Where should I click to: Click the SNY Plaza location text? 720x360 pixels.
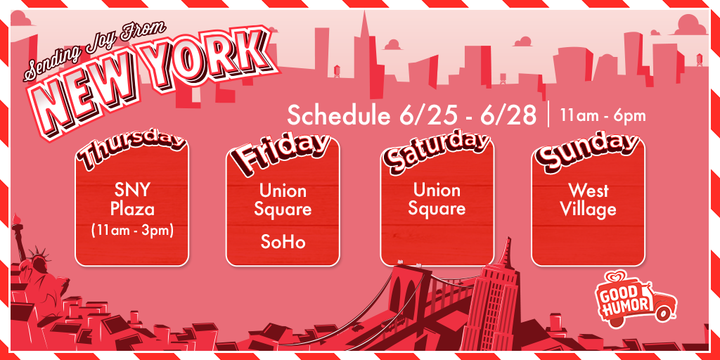(131, 199)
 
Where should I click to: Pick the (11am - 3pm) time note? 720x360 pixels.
(131, 230)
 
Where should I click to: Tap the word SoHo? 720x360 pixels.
(283, 242)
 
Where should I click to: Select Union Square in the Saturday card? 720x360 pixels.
(437, 199)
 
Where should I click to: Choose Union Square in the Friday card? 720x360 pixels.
(283, 200)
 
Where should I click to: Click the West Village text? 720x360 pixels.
(588, 200)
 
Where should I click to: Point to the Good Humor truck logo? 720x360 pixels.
(636, 300)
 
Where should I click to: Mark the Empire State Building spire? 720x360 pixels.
(506, 252)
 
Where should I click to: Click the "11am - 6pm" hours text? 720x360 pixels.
(603, 116)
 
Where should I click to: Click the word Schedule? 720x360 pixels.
(340, 115)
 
